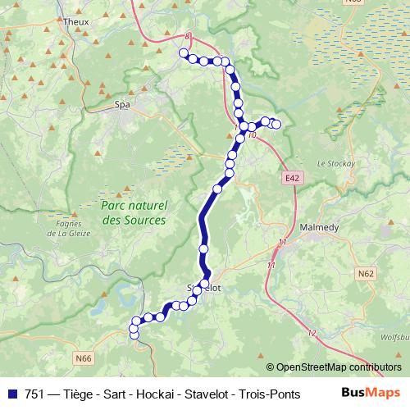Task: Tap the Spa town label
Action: coord(122,105)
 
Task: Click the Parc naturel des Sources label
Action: coord(134,213)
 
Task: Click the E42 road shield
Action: coord(294,177)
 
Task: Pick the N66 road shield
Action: coord(84,357)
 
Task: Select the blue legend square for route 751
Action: coord(11,394)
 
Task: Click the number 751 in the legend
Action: coord(35,394)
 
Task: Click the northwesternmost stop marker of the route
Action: coord(183,53)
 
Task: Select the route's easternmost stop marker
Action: coord(276,124)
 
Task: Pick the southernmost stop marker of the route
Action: coord(134,332)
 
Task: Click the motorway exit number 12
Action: coord(312,332)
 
